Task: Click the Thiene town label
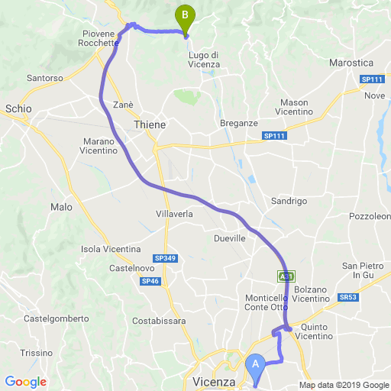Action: [x=149, y=124]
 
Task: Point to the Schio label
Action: [x=18, y=109]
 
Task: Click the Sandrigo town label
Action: [x=289, y=201]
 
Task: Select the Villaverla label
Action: [x=174, y=214]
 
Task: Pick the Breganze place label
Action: [x=238, y=123]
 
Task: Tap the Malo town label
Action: [x=60, y=207]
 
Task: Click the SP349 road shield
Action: [x=165, y=259]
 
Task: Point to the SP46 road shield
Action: [x=150, y=281]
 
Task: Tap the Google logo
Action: [x=25, y=381]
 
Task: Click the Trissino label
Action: [x=36, y=353]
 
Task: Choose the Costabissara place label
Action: [x=160, y=321]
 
